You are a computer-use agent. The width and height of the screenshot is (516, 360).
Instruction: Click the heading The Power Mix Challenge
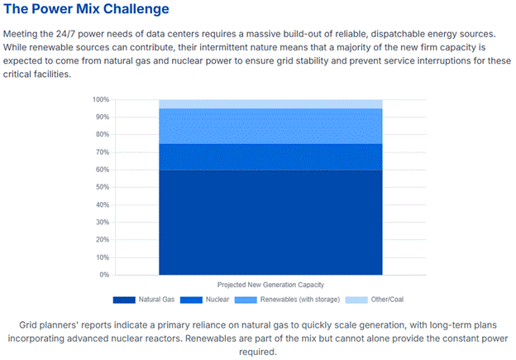[86, 9]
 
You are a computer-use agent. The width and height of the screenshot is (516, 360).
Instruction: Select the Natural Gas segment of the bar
[270, 222]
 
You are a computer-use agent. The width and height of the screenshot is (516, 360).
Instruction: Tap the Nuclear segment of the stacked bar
[270, 156]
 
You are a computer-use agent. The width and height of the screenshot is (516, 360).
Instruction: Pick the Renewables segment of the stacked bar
[270, 126]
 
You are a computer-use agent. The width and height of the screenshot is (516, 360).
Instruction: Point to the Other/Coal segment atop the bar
[270, 103]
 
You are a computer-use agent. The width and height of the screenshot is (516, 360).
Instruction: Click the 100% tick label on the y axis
[100, 99]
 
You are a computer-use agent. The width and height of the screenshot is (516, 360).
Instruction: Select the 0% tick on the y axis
[103, 275]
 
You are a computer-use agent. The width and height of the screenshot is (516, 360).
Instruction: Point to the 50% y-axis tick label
[102, 187]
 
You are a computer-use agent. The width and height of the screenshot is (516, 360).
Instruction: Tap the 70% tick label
[102, 152]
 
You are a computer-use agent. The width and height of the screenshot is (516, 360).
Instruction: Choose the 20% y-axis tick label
[102, 240]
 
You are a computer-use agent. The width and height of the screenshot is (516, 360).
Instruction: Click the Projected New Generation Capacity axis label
[270, 284]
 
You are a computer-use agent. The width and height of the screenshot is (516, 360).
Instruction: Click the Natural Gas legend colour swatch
[124, 299]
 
